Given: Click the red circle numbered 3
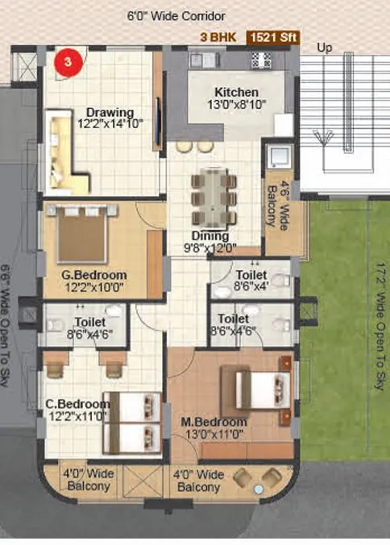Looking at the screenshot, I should click(x=68, y=61).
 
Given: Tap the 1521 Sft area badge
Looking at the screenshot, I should click(x=272, y=37).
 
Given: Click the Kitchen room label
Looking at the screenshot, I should click(x=236, y=98).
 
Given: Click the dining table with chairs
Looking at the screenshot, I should click(x=213, y=197).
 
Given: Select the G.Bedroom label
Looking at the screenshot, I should click(x=94, y=279).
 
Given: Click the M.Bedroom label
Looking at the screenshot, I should click(x=214, y=427).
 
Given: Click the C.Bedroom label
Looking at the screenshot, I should click(x=78, y=409).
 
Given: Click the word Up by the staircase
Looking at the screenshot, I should click(x=325, y=48).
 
